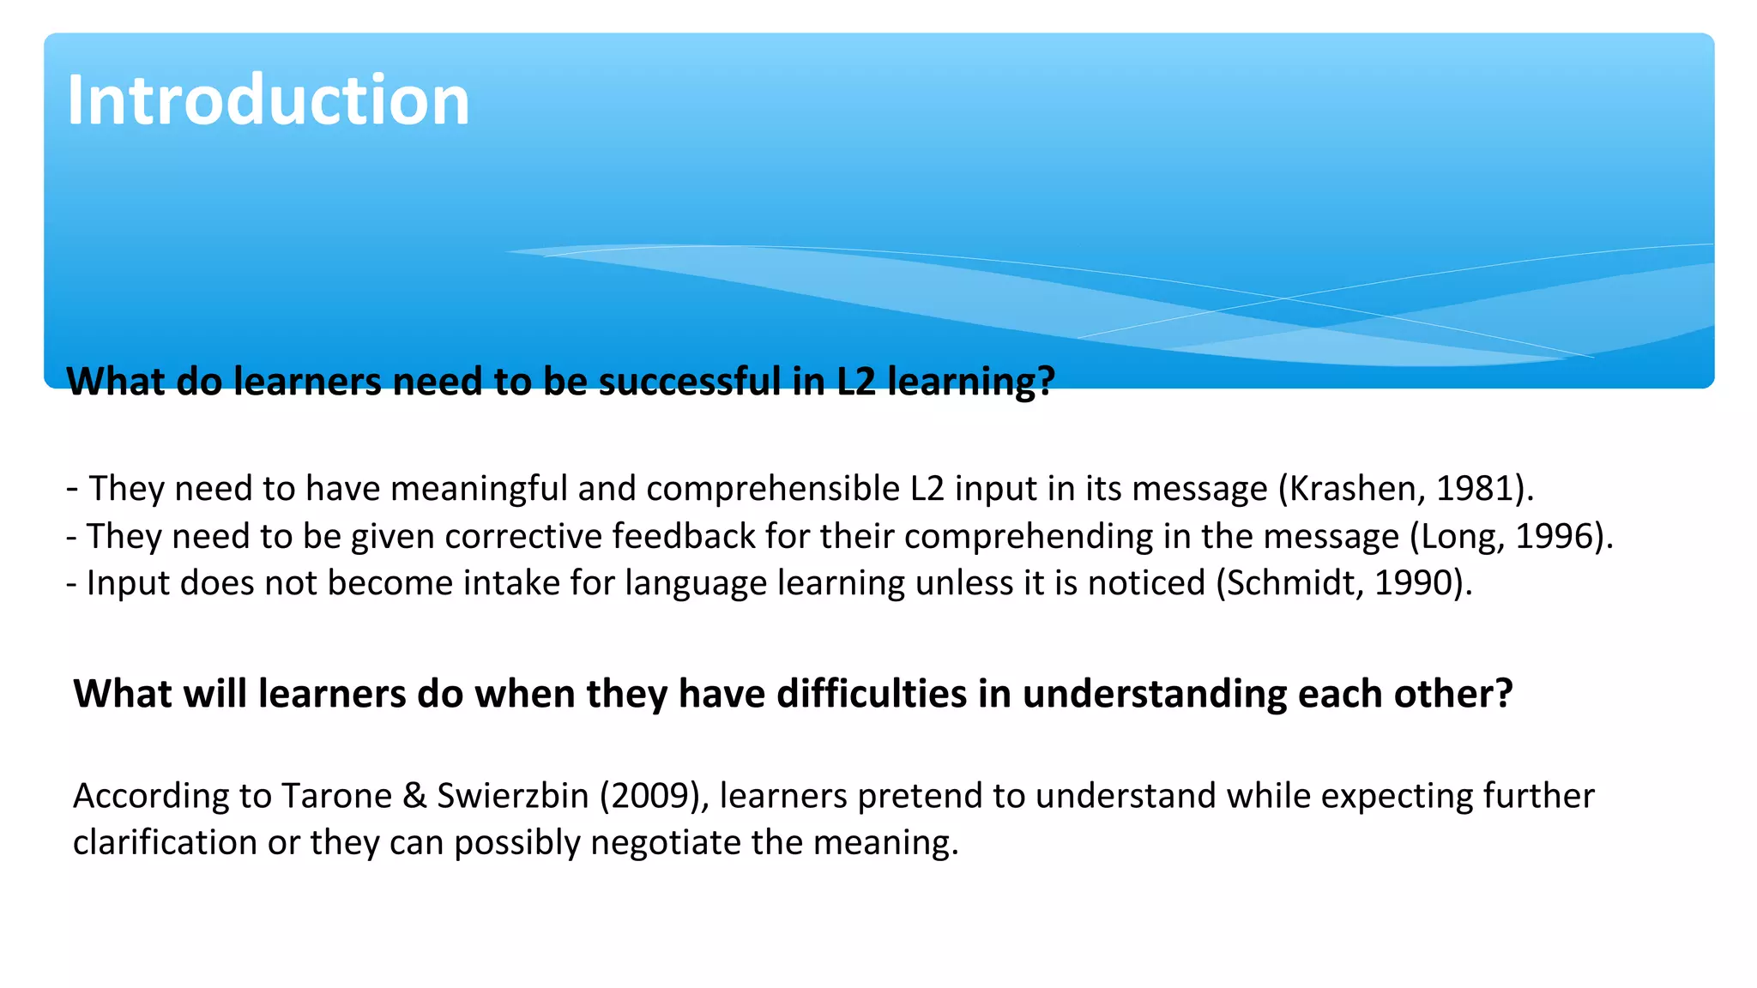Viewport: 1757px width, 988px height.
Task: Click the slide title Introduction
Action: [268, 101]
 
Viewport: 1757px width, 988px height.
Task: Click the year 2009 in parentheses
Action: [649, 796]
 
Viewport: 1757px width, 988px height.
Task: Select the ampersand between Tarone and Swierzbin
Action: [414, 796]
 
